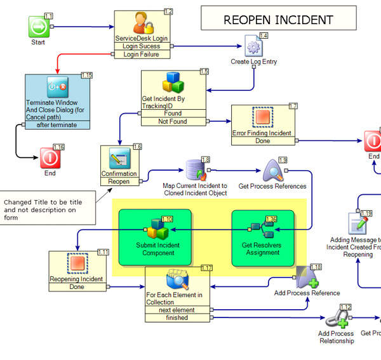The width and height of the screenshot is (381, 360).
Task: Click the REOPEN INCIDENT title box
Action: pyautogui.click(x=278, y=19)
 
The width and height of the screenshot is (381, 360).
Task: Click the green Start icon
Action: pyautogui.click(x=39, y=27)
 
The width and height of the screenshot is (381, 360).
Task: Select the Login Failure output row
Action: pyautogui.click(x=142, y=55)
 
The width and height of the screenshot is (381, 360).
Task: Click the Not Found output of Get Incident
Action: pyautogui.click(x=172, y=121)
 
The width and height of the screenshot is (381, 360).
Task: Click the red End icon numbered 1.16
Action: pyautogui.click(x=50, y=157)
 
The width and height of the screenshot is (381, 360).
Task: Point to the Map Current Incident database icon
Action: pyautogui.click(x=194, y=169)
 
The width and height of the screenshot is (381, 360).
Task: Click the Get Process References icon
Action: pyautogui.click(x=272, y=171)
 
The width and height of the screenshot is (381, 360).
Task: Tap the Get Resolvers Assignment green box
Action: pyautogui.click(x=262, y=237)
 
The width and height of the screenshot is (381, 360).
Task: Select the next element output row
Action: pyautogui.click(x=176, y=310)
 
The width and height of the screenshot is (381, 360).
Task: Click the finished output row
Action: pyautogui.click(x=176, y=317)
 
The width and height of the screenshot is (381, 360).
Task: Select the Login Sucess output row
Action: pyautogui.click(x=142, y=46)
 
